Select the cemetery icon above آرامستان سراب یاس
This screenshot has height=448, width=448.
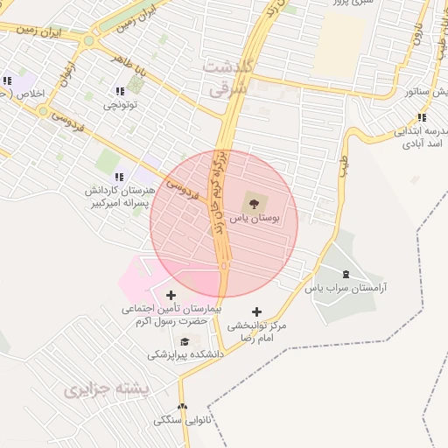coord(346,275)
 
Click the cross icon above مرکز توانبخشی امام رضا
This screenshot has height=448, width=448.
coord(256,311)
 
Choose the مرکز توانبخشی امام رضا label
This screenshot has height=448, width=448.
coord(256,331)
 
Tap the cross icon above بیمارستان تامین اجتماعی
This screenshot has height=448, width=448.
coord(171,295)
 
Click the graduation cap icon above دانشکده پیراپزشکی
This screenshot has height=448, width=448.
coord(185,341)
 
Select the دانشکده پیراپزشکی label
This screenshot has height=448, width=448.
coord(185,354)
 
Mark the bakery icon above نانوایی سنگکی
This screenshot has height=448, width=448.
coord(182,407)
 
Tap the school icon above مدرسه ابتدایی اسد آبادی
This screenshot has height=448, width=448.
coord(421,118)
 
